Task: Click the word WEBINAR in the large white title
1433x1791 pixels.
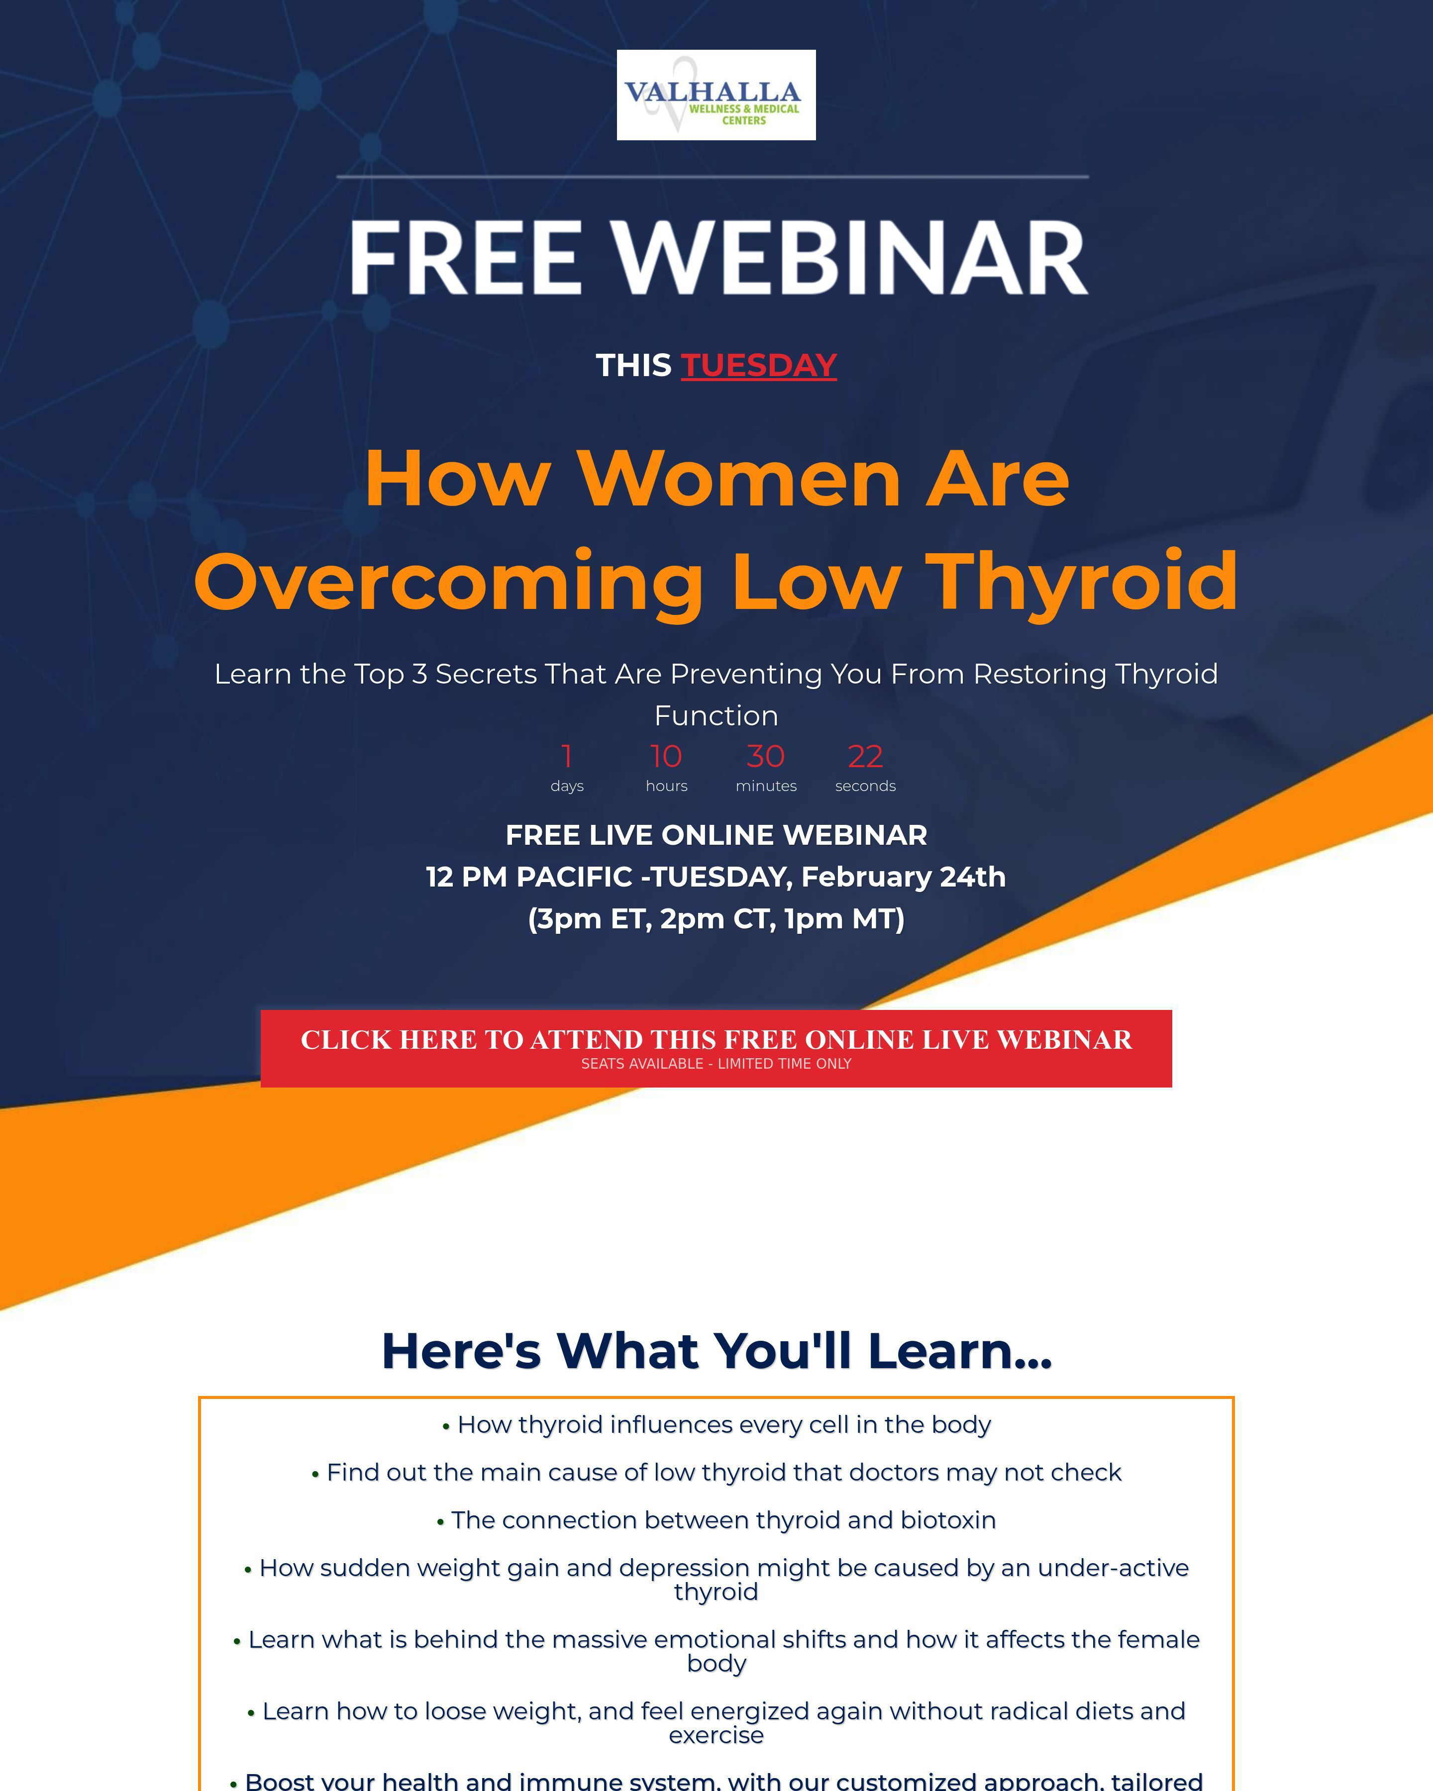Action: (849, 258)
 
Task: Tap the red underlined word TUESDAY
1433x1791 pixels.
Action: (758, 366)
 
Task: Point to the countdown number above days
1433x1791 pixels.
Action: (567, 756)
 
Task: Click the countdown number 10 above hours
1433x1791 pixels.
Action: (666, 756)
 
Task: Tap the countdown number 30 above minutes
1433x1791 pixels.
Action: (765, 756)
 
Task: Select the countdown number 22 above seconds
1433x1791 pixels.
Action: (865, 756)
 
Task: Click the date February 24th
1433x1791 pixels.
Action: (903, 877)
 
